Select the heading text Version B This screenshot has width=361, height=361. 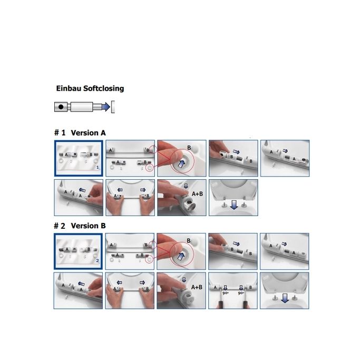click(x=88, y=226)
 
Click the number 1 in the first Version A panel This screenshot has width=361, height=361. click(x=97, y=167)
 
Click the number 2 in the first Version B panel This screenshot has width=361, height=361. click(x=97, y=260)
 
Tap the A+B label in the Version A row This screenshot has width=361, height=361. click(x=198, y=194)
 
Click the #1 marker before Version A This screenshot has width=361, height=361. click(x=59, y=133)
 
